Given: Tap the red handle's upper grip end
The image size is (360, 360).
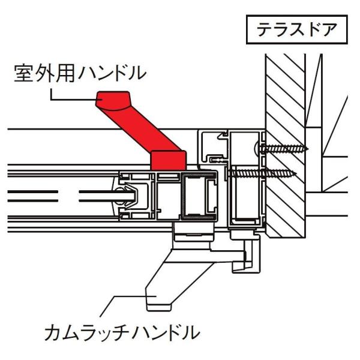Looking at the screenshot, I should pyautogui.click(x=115, y=99).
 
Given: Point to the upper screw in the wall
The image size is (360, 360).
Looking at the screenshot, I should pyautogui.click(x=284, y=148).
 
